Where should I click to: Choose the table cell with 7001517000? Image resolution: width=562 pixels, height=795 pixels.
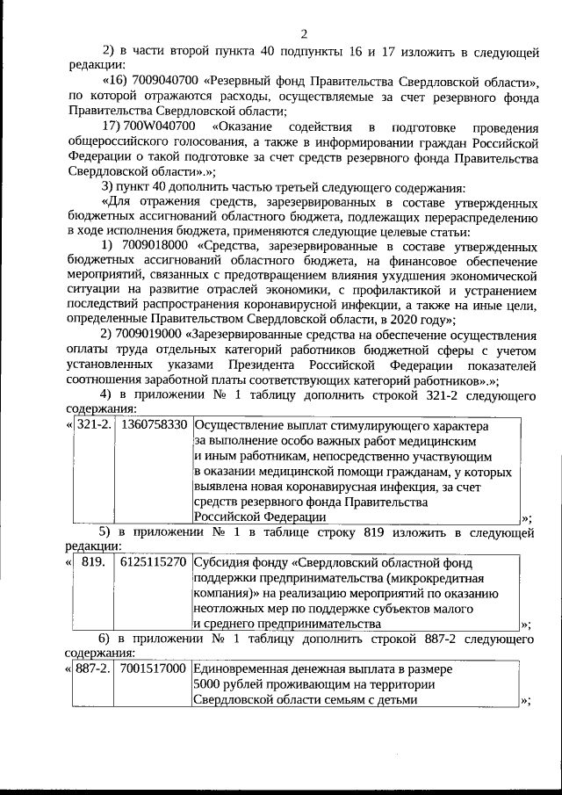point(154,669)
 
